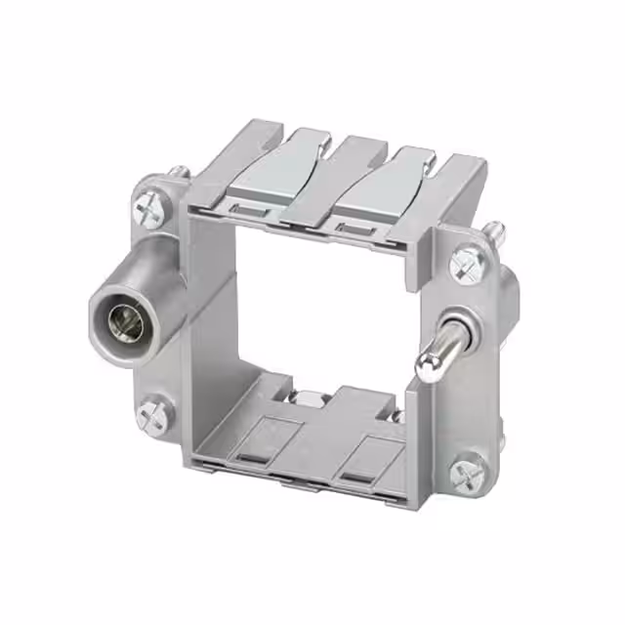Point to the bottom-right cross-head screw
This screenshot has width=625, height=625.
tap(465, 473)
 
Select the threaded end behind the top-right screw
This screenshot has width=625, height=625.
tap(495, 231)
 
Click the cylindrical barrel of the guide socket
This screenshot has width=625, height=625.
tap(146, 293)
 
